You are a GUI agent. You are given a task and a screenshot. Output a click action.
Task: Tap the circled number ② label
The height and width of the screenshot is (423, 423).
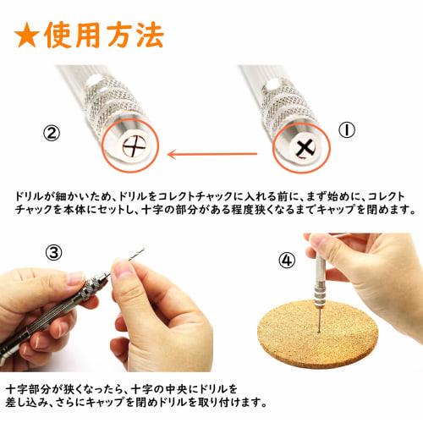coord(52,133)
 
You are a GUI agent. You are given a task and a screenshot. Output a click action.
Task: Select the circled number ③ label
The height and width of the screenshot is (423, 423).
coord(53,253)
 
